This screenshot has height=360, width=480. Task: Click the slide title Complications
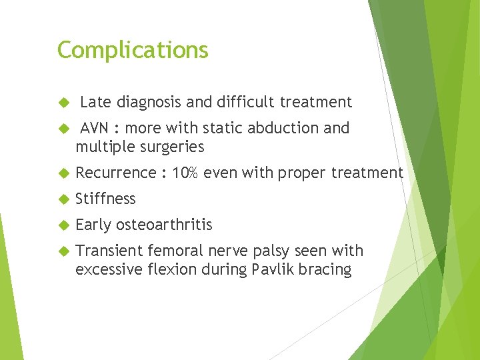(133, 51)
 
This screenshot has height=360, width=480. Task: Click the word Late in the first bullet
(95, 102)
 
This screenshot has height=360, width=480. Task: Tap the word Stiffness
(105, 199)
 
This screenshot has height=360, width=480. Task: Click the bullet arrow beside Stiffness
(64, 199)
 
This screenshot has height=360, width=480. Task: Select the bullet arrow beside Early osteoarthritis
(64, 225)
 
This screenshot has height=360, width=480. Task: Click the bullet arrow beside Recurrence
(64, 173)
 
